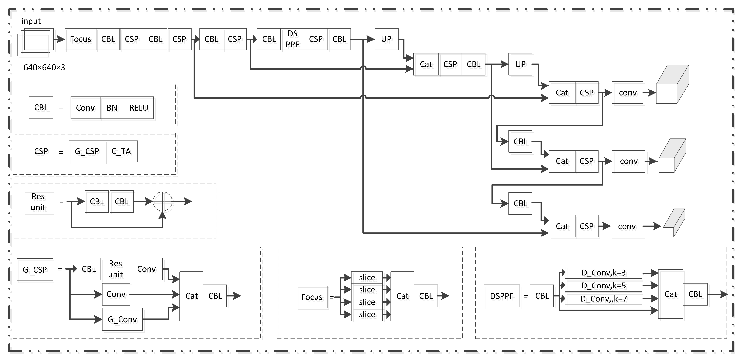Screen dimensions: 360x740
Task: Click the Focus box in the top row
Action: [80, 39]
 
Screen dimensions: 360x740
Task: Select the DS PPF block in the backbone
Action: [292, 39]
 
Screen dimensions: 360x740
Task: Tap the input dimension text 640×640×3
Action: [44, 68]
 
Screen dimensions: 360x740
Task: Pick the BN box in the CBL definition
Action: [112, 108]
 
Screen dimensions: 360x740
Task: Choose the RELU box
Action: [139, 108]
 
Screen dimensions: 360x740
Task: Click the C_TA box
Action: [121, 151]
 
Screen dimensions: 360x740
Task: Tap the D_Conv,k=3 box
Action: [603, 272]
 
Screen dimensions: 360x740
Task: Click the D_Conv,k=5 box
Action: [603, 286]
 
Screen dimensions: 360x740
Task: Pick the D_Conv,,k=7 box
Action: [603, 299]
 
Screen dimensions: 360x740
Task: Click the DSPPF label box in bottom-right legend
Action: [502, 296]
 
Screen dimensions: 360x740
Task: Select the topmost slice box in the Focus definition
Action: [367, 277]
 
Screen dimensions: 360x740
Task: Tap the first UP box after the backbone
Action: [386, 39]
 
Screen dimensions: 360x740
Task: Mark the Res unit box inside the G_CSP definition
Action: [115, 269]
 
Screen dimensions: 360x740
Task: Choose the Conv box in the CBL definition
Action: [85, 108]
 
